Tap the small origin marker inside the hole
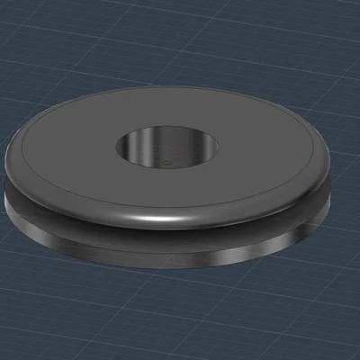tap(166, 163)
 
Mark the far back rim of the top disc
tap(171, 89)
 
